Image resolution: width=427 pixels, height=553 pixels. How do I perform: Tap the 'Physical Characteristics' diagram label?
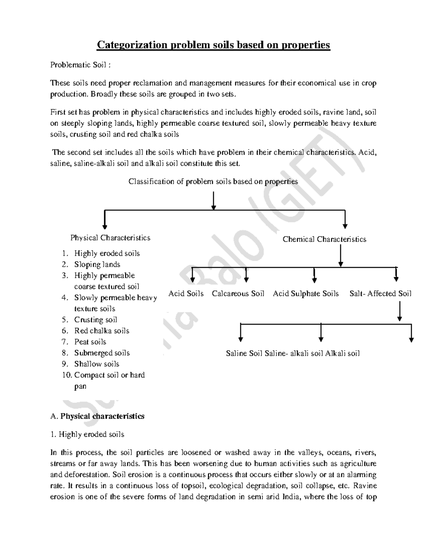coord(110,238)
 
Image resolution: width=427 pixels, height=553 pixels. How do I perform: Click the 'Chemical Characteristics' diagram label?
coord(324,239)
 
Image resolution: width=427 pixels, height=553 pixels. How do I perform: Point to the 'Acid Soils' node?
coord(186,294)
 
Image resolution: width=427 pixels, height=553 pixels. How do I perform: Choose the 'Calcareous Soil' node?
coord(238,294)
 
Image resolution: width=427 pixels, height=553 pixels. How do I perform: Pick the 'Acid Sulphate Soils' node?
coord(306,294)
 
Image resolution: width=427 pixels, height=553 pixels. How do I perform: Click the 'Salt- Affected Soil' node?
coord(380,294)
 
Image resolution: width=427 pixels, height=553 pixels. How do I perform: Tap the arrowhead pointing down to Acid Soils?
coord(193,280)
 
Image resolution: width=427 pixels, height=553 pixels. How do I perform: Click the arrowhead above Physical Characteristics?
coord(105,226)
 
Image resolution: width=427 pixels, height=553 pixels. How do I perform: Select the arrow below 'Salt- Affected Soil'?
coord(400,311)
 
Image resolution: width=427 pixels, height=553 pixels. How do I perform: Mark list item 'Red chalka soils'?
coord(101,331)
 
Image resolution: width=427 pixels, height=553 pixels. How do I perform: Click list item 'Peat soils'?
coord(90,342)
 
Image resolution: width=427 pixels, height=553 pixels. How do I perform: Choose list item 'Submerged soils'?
coord(102,353)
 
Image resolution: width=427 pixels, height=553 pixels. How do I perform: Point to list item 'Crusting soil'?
coord(95,320)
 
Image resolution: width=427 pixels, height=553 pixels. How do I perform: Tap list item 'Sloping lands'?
coord(97,265)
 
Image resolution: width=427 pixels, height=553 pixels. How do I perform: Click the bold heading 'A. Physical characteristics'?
coord(97,416)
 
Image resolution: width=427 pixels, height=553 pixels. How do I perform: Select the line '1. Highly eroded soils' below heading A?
coord(87,434)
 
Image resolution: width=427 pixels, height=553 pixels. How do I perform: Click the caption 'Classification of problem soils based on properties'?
coord(213,182)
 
